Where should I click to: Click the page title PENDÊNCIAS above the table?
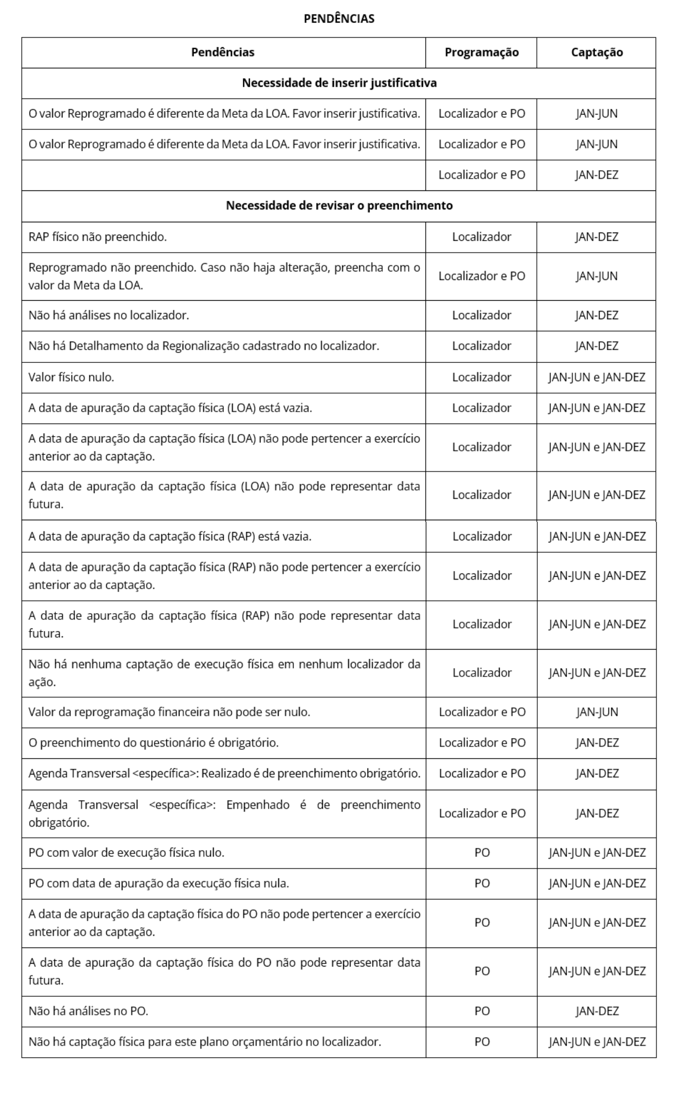click(339, 18)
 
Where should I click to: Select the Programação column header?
click(481, 52)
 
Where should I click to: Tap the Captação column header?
click(597, 52)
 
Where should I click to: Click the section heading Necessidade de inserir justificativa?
click(339, 83)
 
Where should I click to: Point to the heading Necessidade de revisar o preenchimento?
click(339, 206)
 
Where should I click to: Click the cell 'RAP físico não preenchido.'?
click(98, 237)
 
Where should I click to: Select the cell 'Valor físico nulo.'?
click(72, 377)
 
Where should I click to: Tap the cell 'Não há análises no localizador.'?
click(109, 315)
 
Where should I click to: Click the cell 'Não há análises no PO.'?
click(88, 1011)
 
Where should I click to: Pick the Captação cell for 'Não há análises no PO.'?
click(597, 1011)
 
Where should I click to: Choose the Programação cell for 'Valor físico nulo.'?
click(481, 377)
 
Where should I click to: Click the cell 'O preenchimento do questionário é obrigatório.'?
click(154, 743)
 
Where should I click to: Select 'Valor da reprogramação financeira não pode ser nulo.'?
click(170, 712)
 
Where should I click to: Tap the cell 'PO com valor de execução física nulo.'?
click(126, 852)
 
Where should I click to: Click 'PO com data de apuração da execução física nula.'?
click(159, 883)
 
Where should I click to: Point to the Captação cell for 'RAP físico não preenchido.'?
click(597, 237)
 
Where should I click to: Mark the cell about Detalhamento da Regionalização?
click(204, 346)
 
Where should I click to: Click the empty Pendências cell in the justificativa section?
click(223, 175)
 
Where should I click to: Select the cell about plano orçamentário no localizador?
click(205, 1042)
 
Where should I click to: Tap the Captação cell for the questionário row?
click(597, 743)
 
